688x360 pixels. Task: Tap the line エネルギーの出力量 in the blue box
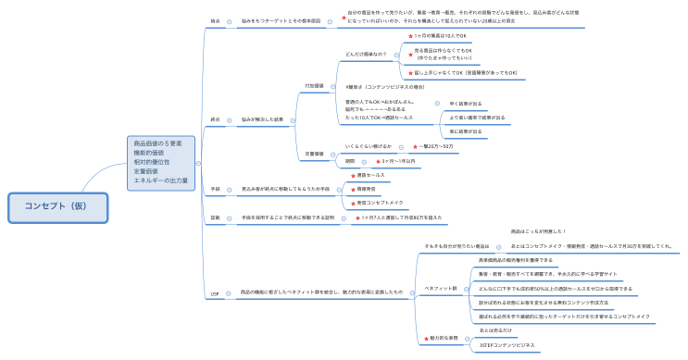tap(161, 180)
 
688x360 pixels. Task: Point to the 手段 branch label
tap(215, 189)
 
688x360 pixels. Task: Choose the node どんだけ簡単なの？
tap(367, 55)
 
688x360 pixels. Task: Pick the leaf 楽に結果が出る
tap(466, 131)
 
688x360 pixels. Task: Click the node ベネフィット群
tap(441, 288)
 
